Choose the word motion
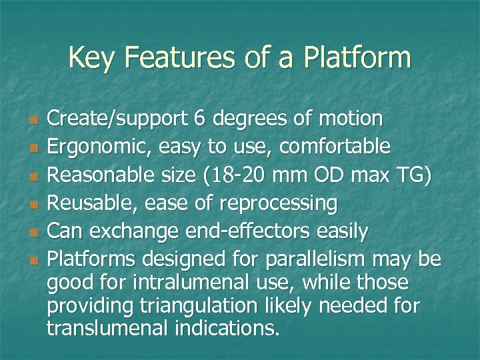click(x=349, y=119)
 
